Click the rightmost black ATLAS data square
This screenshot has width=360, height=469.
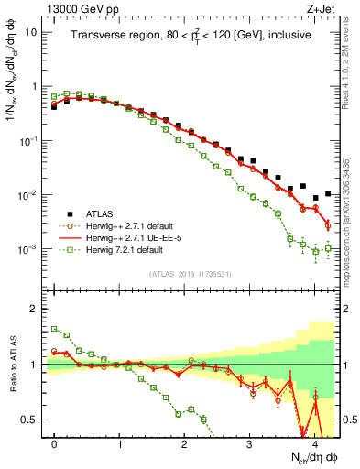(x=328, y=194)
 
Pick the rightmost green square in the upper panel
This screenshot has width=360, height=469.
(x=328, y=248)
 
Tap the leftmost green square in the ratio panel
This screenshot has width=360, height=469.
(x=55, y=329)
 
